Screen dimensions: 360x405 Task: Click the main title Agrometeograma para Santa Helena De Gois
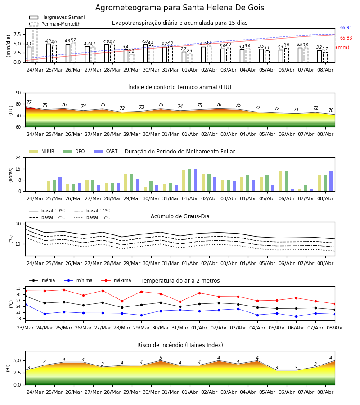tap(180, 8)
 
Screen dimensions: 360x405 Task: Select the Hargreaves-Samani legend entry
tap(57, 17)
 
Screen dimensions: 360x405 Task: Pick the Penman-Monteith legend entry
tap(55, 24)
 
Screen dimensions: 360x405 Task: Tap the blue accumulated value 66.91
tap(346, 27)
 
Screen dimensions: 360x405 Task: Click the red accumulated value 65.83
tap(346, 38)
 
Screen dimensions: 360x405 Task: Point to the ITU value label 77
tap(29, 102)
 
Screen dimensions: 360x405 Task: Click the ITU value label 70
tap(331, 110)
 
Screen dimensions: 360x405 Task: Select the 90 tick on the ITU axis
tap(18, 93)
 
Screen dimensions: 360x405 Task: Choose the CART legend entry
tap(106, 151)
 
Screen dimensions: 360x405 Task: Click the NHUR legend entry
tap(42, 151)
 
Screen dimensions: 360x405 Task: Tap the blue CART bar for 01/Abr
tap(195, 180)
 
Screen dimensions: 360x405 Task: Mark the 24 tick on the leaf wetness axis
tap(18, 157)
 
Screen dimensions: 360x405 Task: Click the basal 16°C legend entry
tap(92, 217)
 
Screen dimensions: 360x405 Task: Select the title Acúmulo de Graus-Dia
tap(180, 216)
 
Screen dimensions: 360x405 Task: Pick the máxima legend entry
tap(116, 280)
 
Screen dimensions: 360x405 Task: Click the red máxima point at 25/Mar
tap(64, 290)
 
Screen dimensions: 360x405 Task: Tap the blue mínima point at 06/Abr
tap(296, 316)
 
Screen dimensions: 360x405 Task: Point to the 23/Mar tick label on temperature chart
tap(25, 328)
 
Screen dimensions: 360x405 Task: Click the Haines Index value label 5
tap(161, 358)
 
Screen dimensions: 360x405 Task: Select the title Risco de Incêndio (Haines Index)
tap(180, 345)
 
